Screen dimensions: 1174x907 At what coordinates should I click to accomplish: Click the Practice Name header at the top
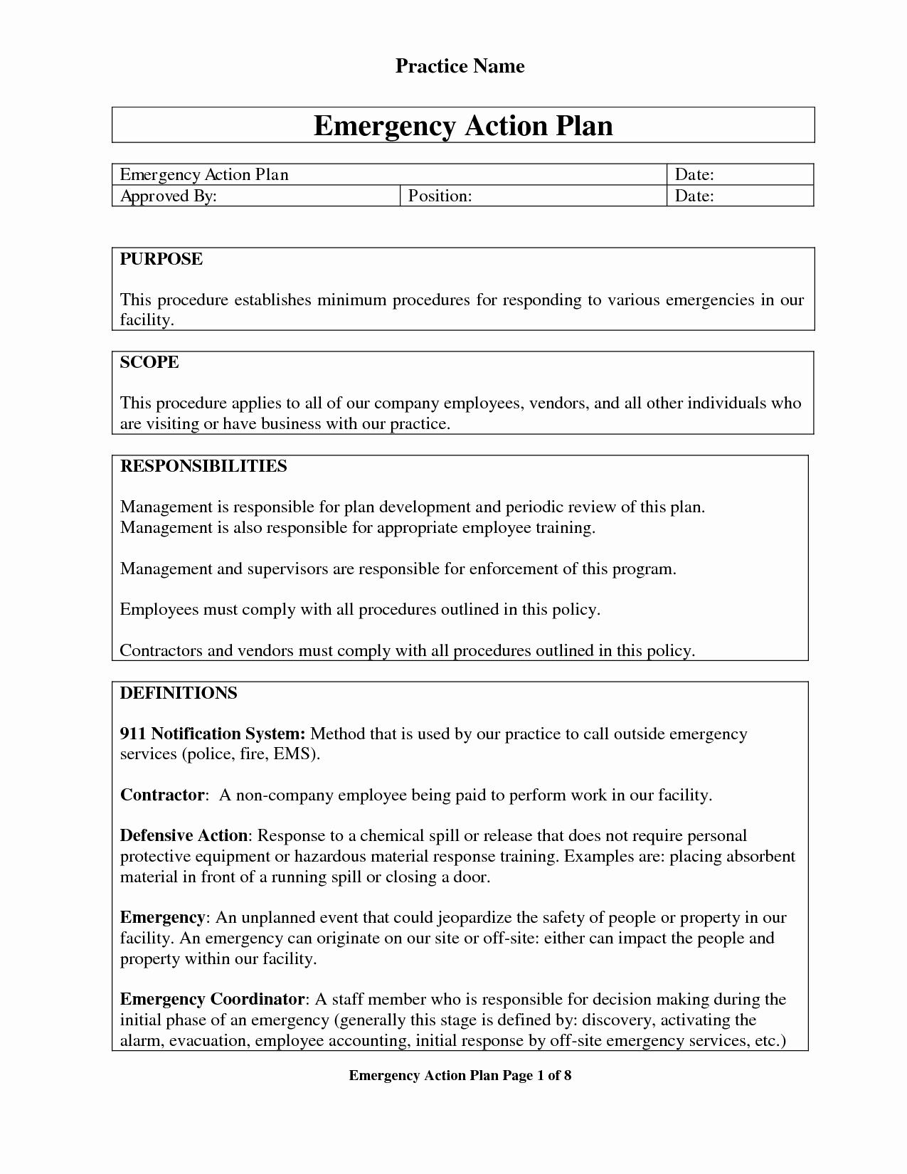click(x=460, y=66)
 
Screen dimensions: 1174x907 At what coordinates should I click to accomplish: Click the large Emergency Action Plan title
click(x=463, y=125)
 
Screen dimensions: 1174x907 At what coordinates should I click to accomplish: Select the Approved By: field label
click(x=168, y=196)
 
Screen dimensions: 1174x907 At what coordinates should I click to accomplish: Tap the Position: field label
click(x=440, y=196)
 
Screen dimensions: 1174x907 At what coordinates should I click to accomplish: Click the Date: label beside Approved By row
click(x=694, y=196)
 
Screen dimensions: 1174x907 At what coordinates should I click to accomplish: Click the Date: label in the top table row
click(x=694, y=174)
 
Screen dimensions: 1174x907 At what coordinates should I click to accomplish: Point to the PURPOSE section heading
click(x=161, y=259)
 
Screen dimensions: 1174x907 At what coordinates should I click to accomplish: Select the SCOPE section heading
click(x=149, y=362)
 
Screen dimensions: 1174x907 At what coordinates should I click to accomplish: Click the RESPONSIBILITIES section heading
click(x=203, y=466)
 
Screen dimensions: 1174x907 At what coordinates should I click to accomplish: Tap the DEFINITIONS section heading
click(x=179, y=693)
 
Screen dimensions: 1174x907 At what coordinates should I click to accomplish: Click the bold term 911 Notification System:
click(x=213, y=734)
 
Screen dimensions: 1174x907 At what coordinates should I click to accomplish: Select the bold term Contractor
click(x=162, y=795)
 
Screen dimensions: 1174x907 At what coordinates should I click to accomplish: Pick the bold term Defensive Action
click(x=184, y=835)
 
